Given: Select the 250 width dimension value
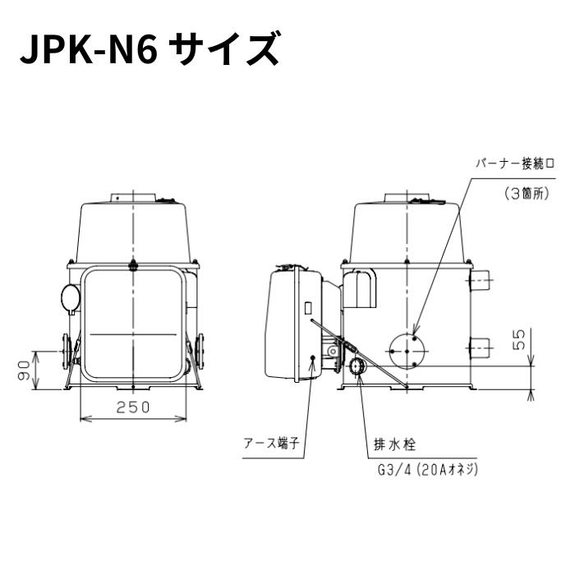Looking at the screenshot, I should coord(132,407).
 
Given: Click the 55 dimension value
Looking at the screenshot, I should coord(518,340).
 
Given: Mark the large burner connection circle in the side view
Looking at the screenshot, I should coord(407,350).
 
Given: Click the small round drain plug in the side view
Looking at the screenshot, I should coord(359,365).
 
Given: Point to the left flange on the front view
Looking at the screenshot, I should coord(65,352).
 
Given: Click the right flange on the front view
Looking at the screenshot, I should coord(200,352).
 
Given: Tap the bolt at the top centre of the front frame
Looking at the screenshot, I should coord(132,264).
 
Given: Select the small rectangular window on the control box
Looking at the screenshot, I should coord(308,308).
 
